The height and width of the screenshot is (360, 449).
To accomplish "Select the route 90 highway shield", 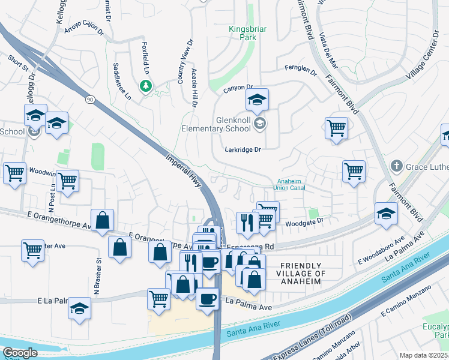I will [x=90, y=99].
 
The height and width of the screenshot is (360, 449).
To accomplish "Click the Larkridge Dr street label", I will [x=243, y=149].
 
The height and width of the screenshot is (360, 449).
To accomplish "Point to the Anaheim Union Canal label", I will [x=289, y=184].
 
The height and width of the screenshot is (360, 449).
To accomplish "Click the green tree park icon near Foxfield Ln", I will [x=145, y=87].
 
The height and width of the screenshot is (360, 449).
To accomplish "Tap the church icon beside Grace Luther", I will [x=396, y=165].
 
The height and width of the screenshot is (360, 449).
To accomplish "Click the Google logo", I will [x=20, y=352].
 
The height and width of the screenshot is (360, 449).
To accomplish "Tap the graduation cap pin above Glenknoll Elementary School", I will [x=257, y=100].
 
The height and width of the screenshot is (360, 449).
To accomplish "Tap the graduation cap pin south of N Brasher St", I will [x=79, y=308].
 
